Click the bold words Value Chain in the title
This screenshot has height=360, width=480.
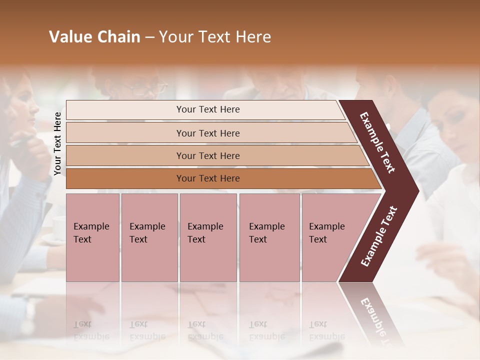94,37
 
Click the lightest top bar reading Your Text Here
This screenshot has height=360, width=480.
207,109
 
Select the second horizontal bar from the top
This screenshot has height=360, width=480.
207,133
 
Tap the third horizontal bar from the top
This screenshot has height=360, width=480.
207,155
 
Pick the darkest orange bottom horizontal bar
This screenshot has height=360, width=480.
207,178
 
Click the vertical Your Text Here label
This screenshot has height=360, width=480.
57,143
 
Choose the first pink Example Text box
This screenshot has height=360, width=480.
92,237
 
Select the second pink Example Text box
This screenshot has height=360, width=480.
149,237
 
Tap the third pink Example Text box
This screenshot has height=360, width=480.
207,237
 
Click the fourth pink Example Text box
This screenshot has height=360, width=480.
269,237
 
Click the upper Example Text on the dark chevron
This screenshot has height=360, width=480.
377,142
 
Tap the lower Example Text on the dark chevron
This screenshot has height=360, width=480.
379,236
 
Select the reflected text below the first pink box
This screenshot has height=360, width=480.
91,330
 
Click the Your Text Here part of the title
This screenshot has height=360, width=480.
215,37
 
